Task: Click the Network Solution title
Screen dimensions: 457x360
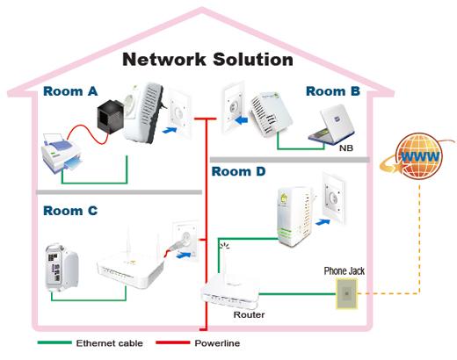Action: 207,59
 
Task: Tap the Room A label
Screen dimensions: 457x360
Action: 70,91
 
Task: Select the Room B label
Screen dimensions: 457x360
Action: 333,91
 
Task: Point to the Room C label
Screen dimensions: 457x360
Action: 70,211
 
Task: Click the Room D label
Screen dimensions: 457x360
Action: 238,171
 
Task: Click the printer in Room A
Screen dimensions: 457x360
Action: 62,153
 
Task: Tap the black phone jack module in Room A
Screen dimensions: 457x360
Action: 111,116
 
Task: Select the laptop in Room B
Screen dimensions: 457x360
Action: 332,125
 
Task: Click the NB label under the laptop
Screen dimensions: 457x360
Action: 346,148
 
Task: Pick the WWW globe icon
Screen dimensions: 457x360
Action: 417,155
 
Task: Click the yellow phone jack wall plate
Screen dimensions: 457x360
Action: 346,293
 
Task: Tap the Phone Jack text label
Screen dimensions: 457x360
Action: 345,271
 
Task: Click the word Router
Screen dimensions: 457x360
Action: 249,315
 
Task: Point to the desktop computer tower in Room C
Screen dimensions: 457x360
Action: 62,268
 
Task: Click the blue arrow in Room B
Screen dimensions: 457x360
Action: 242,120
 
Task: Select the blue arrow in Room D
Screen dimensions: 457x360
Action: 323,222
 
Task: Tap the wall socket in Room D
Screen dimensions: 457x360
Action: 334,198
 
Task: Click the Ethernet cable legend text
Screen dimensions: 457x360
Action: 109,343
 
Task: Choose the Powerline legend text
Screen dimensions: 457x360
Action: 217,343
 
